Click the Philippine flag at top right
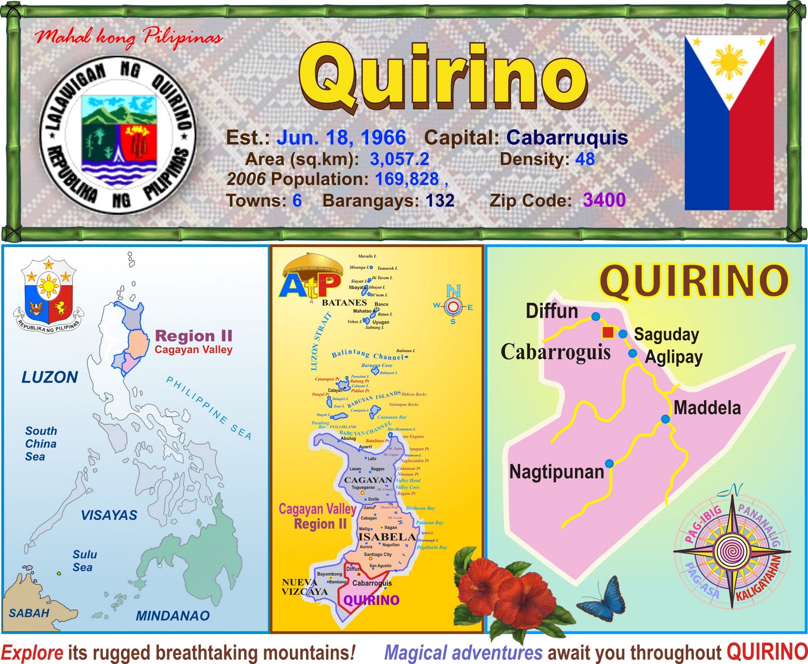point(729,123)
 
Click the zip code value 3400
point(604,200)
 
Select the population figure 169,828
point(407,179)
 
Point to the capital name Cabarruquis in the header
point(567,137)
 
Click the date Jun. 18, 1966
point(341,137)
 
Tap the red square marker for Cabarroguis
point(608,332)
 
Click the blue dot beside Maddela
point(666,419)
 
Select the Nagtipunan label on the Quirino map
point(557,472)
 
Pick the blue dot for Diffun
point(596,316)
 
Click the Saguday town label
point(666,334)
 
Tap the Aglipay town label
point(674,357)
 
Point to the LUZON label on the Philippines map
point(49,377)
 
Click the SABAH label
point(29,613)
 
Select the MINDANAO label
point(173,616)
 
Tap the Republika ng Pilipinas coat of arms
point(48,295)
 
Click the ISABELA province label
point(387,537)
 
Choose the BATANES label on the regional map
point(344,303)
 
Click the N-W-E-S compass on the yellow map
point(453,306)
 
